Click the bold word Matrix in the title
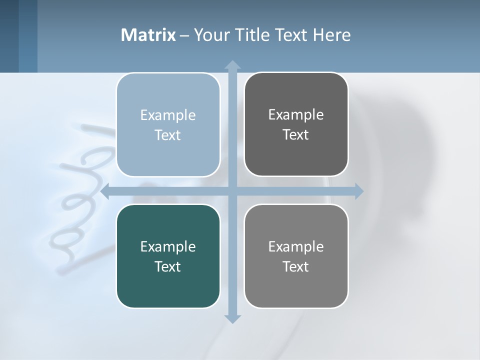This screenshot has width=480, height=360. pos(148,35)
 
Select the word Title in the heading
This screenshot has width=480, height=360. pos(253,35)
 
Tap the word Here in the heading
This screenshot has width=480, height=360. pos(331,35)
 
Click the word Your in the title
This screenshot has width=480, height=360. pos(211,35)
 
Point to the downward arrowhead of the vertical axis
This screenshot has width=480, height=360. pos(232,319)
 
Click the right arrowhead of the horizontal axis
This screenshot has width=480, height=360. pos(359,191)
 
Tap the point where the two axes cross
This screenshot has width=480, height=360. pos(232,191)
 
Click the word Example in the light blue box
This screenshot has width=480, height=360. pos(168,115)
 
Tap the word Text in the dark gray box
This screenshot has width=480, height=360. pos(296,134)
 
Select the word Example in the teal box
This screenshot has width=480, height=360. pos(168,246)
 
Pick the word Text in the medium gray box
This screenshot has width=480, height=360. pos(296,266)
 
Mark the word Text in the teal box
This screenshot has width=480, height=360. pos(168,266)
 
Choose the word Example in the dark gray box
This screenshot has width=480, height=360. pos(296,114)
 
